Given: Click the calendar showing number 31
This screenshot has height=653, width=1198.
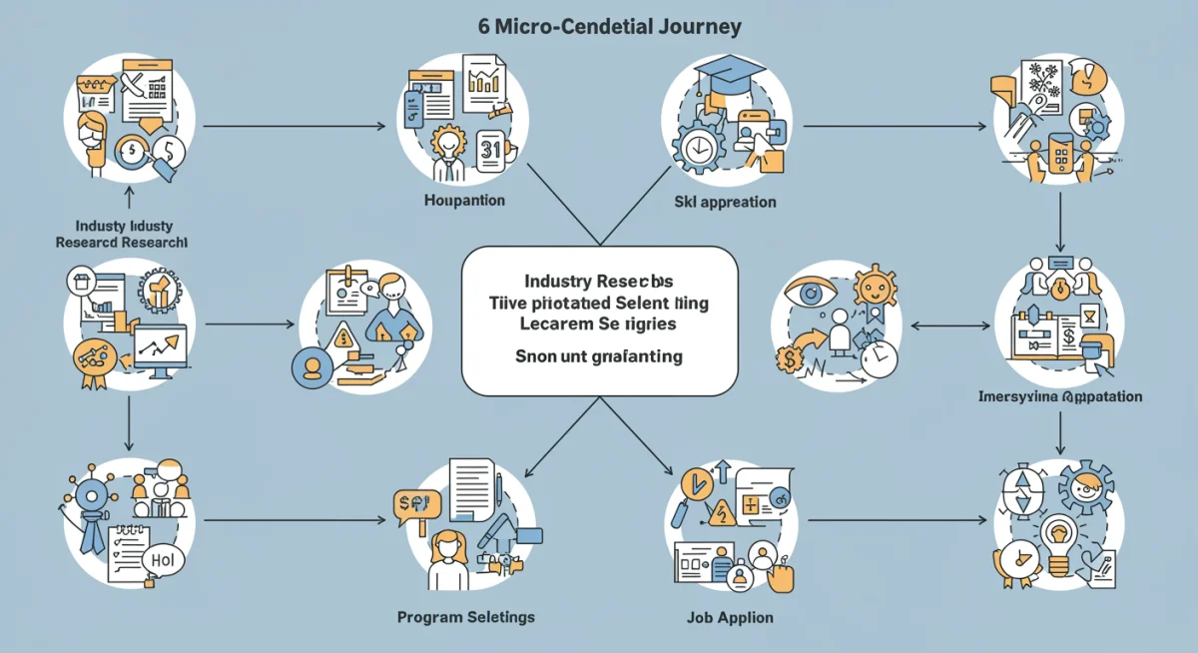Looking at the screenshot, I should coord(491,149).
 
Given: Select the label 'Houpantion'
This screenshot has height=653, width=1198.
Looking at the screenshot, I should coord(464,201).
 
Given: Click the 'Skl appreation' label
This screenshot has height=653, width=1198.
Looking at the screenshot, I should coord(726,202).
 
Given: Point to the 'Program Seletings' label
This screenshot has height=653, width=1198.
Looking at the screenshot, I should coord(465,617).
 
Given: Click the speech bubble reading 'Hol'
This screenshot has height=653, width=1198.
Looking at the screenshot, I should coord(163,561).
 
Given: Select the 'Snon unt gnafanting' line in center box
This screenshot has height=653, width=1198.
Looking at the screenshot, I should coord(599,356).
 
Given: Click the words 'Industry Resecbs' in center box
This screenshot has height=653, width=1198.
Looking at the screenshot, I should coord(600,282).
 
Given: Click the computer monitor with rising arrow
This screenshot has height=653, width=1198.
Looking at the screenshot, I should coord(160,349).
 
